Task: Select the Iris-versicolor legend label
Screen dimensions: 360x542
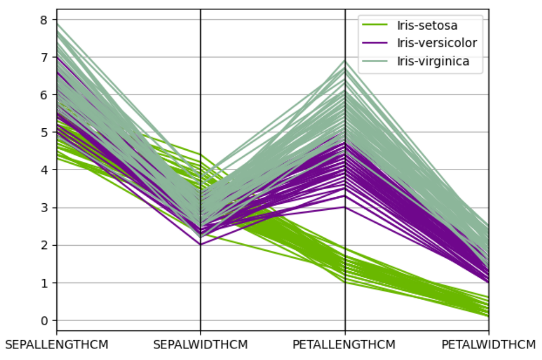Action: (437, 43)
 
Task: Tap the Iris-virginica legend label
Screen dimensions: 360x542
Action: (433, 61)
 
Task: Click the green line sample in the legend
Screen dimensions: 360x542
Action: (376, 25)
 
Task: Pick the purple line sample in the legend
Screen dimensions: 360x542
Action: (376, 43)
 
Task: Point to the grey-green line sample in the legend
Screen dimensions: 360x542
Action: (376, 61)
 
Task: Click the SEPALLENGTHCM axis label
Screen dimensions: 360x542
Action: (56, 345)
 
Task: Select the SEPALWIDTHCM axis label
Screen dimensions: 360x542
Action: (200, 345)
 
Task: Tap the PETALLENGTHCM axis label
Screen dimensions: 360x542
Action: (344, 345)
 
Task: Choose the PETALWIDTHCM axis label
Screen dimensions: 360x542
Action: (489, 345)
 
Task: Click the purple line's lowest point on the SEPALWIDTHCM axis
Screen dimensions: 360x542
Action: (200, 245)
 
